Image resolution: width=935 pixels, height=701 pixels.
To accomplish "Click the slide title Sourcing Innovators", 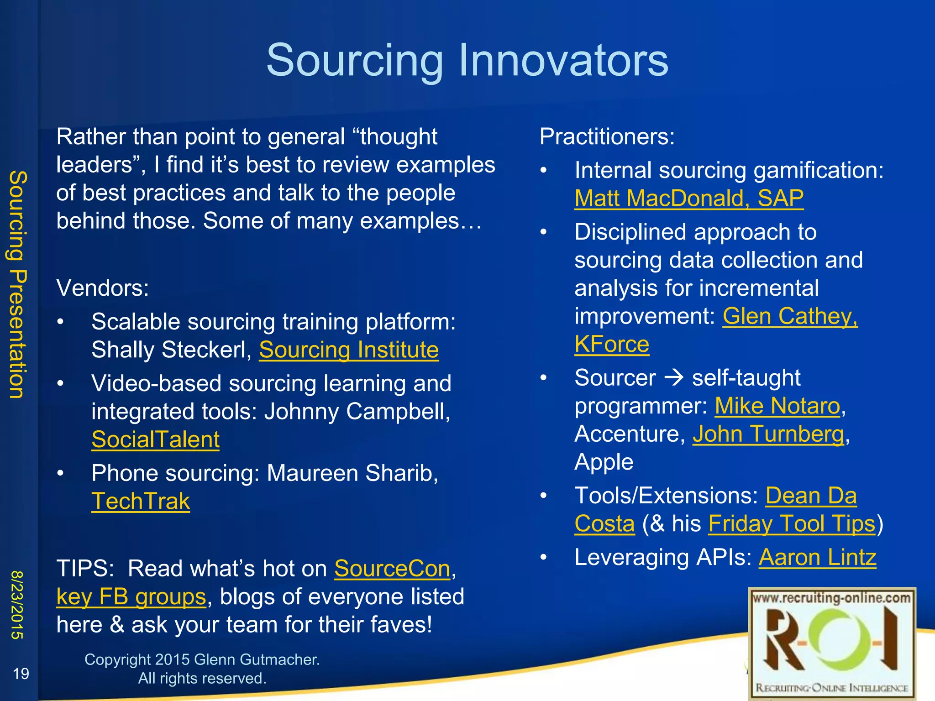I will [467, 60].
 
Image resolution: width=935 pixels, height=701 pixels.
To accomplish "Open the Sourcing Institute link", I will [349, 350].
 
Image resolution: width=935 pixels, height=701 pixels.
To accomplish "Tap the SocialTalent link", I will [155, 439].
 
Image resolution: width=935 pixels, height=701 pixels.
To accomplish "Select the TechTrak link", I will [141, 501].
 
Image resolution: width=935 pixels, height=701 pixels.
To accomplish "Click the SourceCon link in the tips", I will [392, 569].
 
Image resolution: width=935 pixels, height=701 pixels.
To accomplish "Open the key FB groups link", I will [131, 597].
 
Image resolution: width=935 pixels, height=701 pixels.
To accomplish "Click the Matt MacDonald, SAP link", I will [688, 199].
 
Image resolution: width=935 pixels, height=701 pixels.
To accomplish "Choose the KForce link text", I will [611, 344].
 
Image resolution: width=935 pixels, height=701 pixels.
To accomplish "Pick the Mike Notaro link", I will [777, 406].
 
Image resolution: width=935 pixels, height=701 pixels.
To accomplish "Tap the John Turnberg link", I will [768, 434].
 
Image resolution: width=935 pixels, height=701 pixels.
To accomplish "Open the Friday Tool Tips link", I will [792, 523].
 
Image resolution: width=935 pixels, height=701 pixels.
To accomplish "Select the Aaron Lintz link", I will [817, 557].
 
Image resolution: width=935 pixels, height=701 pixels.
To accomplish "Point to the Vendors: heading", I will [103, 288].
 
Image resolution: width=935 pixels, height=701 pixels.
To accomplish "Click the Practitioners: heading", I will [607, 136].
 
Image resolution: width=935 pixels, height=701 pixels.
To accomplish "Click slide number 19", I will [21, 674].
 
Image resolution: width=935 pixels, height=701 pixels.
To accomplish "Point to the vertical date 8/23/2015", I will [17, 604].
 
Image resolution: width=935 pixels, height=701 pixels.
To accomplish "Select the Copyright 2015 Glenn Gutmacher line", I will [202, 659].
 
